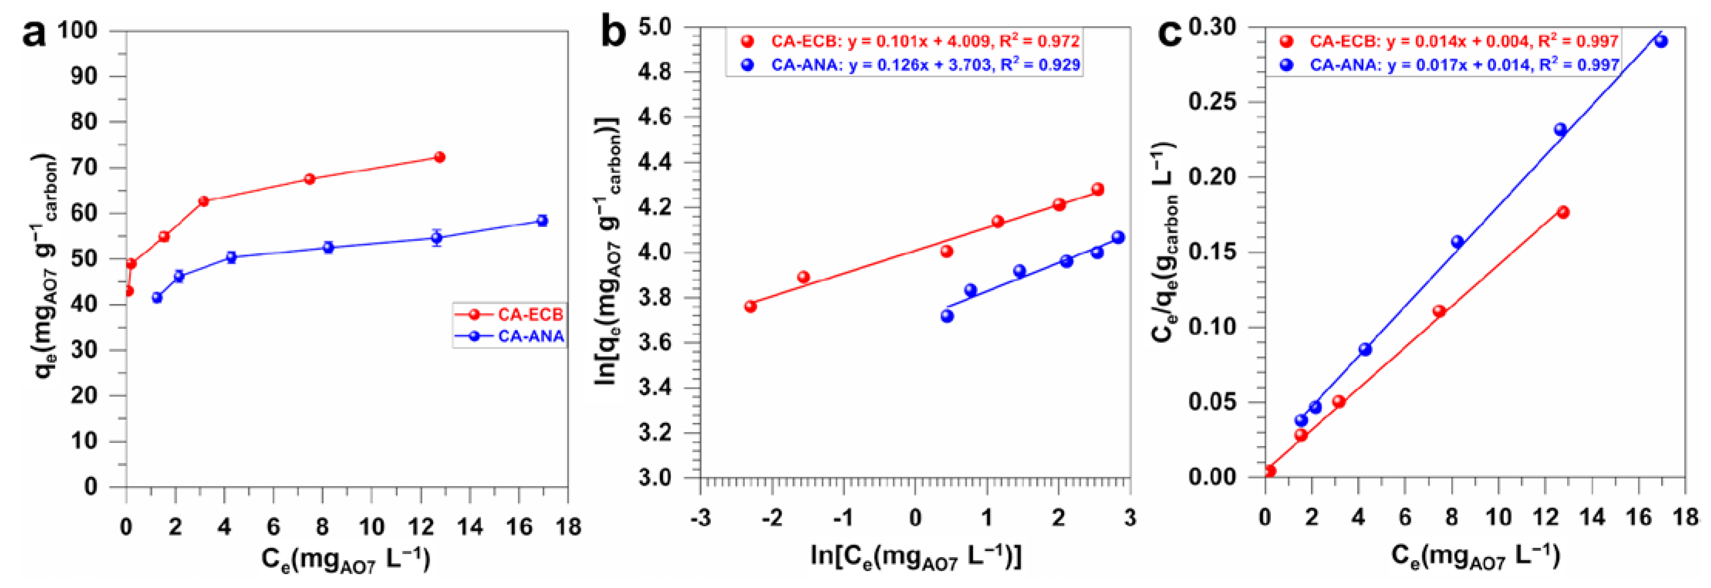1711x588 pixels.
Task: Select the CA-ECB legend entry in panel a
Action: pyautogui.click(x=529, y=314)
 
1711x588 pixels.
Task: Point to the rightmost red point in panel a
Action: pyautogui.click(x=439, y=158)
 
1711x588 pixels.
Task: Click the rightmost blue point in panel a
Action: pyautogui.click(x=542, y=220)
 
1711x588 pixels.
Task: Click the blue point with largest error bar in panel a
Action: pyautogui.click(x=436, y=238)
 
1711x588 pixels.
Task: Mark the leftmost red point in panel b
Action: pyautogui.click(x=751, y=306)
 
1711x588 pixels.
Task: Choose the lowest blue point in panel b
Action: pyautogui.click(x=947, y=316)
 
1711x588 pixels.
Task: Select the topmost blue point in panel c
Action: pyautogui.click(x=1660, y=41)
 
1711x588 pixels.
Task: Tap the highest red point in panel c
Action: pyautogui.click(x=1563, y=212)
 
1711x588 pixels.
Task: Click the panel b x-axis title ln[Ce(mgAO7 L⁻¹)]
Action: pyautogui.click(x=915, y=557)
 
